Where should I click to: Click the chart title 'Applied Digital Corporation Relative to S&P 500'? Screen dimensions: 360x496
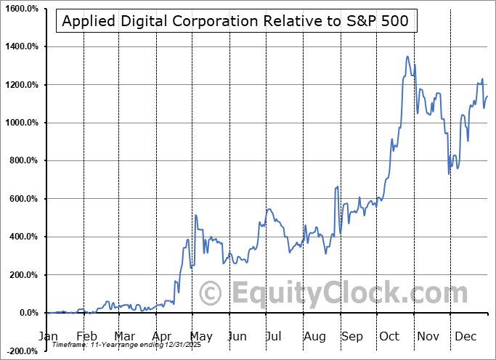coord(236,21)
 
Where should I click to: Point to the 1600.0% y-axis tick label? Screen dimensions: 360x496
coord(21,9)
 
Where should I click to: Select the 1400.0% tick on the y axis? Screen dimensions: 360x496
coord(21,46)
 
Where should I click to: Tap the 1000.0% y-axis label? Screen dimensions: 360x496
coord(21,123)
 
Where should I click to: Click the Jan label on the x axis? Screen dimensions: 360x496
coord(48,336)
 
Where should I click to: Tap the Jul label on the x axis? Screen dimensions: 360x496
coord(273,336)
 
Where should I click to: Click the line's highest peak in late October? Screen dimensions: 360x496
coord(407,57)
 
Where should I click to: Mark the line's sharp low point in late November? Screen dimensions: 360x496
coord(449,173)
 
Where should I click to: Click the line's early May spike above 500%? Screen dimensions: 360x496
coord(195,215)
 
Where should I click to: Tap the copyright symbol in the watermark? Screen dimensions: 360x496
coord(211,294)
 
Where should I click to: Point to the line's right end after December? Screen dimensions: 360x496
coord(487,97)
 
